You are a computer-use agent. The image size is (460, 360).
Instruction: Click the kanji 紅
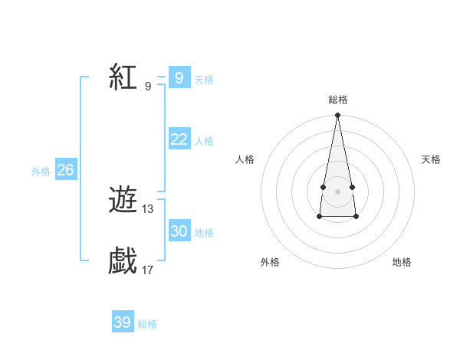click(123, 77)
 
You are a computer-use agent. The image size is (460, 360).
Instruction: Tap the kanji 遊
click(123, 201)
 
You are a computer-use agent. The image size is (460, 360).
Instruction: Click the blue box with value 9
click(179, 77)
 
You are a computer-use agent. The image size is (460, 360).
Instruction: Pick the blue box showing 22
click(179, 139)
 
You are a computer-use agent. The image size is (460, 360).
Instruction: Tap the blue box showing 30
click(179, 231)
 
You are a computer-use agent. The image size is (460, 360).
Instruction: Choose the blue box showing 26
click(65, 170)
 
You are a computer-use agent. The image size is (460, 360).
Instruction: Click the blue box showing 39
click(122, 322)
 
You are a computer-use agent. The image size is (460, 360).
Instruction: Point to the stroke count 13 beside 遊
click(148, 208)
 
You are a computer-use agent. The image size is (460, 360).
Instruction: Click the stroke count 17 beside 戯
click(148, 270)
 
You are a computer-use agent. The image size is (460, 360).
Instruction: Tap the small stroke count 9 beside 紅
click(148, 86)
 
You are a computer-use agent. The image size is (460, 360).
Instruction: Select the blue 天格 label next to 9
click(204, 80)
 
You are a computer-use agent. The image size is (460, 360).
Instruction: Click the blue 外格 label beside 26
click(41, 172)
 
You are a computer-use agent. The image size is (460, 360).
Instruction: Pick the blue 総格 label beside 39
click(147, 325)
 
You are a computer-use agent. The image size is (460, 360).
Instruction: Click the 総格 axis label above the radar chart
click(337, 100)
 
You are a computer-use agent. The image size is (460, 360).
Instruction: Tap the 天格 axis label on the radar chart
click(431, 159)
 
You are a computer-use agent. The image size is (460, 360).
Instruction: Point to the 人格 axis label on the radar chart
click(245, 159)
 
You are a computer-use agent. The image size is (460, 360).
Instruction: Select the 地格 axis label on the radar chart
click(402, 262)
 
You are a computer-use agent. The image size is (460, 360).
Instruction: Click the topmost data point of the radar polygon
click(337, 116)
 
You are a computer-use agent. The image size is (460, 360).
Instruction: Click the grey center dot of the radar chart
click(337, 191)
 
